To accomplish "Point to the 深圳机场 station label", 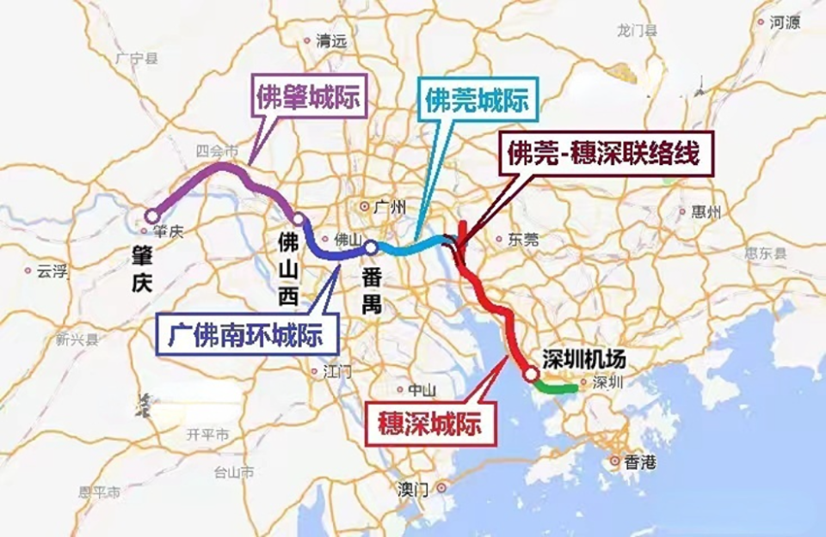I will pos(589,358).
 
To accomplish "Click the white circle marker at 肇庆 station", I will pos(151,215).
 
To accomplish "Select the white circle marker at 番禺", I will pos(370,247).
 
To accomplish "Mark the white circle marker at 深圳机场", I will pos(531,374).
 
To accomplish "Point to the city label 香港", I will pos(639,462).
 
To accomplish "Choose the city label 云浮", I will pos(51,271).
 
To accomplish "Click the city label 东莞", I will pos(523,240).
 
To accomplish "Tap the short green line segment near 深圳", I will pos(555,389).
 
